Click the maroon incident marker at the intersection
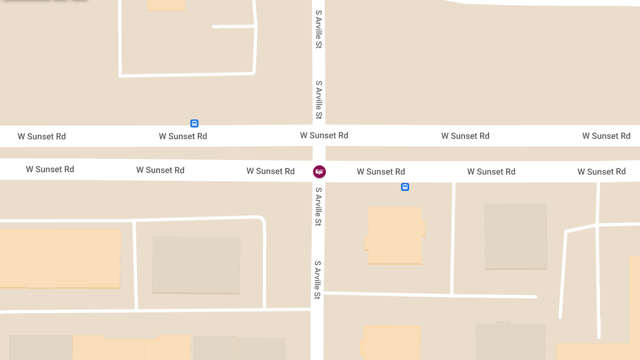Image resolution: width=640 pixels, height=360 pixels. click(319, 171)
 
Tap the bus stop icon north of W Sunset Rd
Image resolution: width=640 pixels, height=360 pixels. click(194, 123)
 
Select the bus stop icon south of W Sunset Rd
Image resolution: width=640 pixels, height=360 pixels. click(405, 187)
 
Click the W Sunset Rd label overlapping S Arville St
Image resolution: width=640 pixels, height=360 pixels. click(324, 135)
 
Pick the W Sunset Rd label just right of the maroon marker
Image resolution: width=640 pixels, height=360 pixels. click(381, 172)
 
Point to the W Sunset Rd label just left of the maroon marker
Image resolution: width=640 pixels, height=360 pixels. click(270, 171)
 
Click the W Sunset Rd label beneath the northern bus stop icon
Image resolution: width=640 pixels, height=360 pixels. click(183, 136)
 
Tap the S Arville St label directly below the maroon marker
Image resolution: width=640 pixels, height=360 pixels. click(318, 206)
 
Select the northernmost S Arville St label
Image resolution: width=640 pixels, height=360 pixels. click(318, 29)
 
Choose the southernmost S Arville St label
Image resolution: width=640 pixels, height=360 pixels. click(318, 279)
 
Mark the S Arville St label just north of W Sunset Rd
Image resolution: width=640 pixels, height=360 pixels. click(318, 100)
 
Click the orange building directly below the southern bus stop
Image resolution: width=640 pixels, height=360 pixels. click(395, 236)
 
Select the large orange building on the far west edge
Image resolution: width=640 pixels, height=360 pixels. click(59, 259)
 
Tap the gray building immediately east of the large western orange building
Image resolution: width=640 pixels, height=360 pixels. click(196, 265)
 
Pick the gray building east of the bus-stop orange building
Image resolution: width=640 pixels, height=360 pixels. click(515, 236)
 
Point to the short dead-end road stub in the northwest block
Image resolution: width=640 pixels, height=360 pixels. click(234, 26)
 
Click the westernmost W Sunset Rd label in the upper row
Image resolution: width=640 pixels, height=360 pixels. click(42, 137)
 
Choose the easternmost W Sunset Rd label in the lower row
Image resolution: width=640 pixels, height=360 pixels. click(602, 172)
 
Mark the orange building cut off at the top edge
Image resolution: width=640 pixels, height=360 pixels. click(166, 5)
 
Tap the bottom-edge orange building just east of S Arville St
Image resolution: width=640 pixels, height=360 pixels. click(391, 343)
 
